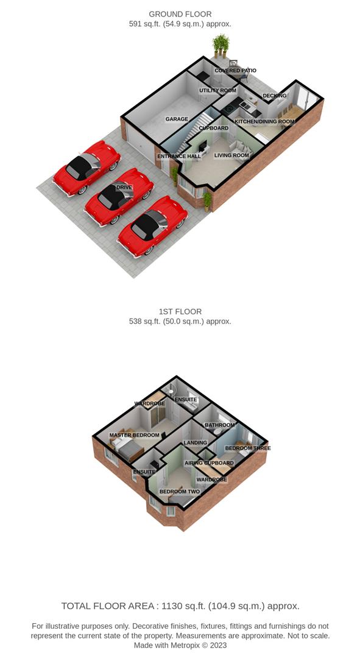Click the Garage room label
pyautogui.click(x=177, y=119)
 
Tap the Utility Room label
pyautogui.click(x=217, y=91)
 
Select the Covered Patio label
pyautogui.click(x=235, y=71)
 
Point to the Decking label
pyautogui.click(x=275, y=96)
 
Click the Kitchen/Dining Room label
pyautogui.click(x=264, y=122)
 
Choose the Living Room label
pyautogui.click(x=231, y=155)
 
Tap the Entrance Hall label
pyautogui.click(x=179, y=156)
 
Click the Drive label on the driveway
pyautogui.click(x=124, y=187)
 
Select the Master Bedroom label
pyautogui.click(x=134, y=435)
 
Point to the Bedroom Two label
pyautogui.click(x=180, y=492)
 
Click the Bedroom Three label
pyautogui.click(x=248, y=448)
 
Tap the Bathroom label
pyautogui.click(x=220, y=425)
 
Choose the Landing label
pyautogui.click(x=196, y=443)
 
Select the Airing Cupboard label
pyautogui.click(x=210, y=463)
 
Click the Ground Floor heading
pyautogui.click(x=180, y=15)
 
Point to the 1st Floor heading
pyautogui.click(x=180, y=312)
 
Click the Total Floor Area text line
pyautogui.click(x=180, y=606)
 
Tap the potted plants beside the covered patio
pyautogui.click(x=221, y=45)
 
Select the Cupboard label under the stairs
pyautogui.click(x=214, y=128)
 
